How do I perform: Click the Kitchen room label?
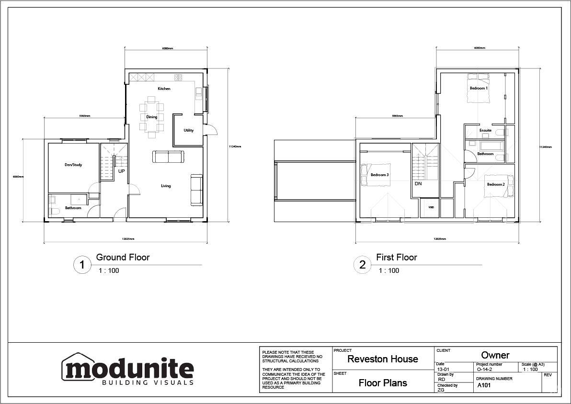coord(164,89)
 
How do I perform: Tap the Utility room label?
coord(189,130)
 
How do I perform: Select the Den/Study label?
coord(73,165)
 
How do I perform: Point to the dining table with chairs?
coord(152,117)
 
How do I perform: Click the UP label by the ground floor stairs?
coord(122,171)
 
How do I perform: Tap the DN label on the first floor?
coord(418,183)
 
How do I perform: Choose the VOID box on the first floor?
coord(431,207)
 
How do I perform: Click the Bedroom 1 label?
coord(478,88)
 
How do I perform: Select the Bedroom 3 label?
coord(379,175)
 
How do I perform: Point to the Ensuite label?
coord(485,130)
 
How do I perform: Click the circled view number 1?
coord(82,265)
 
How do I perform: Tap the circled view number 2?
coord(363,265)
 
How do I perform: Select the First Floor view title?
coord(396,258)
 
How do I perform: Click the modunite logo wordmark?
coord(128,369)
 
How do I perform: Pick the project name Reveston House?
coord(382,359)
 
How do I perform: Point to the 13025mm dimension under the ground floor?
coord(128,238)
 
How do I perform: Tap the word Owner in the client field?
coord(495,355)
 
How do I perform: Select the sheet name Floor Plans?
coord(383,383)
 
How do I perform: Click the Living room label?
coord(165,186)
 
